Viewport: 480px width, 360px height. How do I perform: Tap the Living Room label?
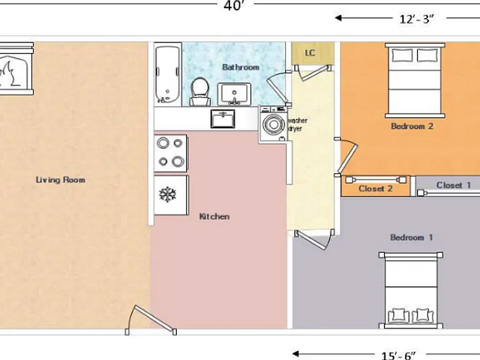[60, 180]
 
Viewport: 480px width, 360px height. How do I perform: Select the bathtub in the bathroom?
[167, 74]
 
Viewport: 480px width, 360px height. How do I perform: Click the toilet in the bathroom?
[200, 91]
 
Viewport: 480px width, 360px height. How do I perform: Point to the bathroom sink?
[234, 94]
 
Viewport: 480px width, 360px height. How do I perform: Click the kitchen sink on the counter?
[223, 119]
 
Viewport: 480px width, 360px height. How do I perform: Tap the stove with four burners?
[171, 153]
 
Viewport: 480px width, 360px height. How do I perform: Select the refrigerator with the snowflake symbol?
[171, 195]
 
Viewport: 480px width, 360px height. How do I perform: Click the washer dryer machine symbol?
[273, 124]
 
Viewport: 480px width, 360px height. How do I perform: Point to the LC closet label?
[310, 53]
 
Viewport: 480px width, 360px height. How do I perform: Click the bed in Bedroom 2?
[415, 80]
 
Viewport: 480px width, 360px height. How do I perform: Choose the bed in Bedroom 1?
[411, 290]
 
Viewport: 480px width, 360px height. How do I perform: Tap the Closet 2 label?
[375, 189]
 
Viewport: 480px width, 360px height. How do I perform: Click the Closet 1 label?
[453, 185]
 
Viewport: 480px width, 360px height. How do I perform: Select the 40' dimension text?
[235, 5]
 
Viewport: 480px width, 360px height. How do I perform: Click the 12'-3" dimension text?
[417, 19]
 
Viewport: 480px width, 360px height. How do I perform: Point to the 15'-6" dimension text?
[399, 356]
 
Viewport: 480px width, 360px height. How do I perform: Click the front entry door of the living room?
[151, 320]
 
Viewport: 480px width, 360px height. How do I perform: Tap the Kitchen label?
[214, 216]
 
